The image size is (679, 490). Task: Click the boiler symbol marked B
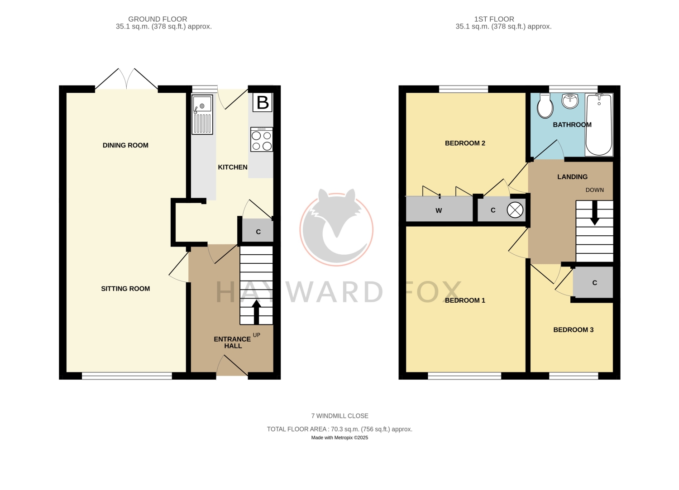click(x=262, y=103)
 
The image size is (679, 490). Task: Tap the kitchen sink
click(x=202, y=114)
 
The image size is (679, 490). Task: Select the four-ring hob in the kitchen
click(x=262, y=139)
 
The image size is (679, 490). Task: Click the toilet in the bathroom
click(x=545, y=105)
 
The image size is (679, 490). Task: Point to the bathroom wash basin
click(x=570, y=100)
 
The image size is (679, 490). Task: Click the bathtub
click(x=599, y=124)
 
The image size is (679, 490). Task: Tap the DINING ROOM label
click(x=125, y=145)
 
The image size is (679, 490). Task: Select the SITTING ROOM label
click(x=125, y=289)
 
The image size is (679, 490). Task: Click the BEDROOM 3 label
click(x=574, y=330)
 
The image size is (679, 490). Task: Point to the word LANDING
click(x=572, y=176)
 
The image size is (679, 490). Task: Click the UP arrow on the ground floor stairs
click(x=257, y=312)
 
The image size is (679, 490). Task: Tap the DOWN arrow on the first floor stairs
click(x=595, y=213)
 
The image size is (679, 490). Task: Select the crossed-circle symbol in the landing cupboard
click(x=515, y=210)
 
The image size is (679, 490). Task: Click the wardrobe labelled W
click(x=439, y=209)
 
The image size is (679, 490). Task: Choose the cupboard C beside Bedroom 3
click(x=593, y=282)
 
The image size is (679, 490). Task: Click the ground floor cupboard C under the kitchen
click(x=258, y=231)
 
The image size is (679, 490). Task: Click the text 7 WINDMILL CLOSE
click(x=340, y=416)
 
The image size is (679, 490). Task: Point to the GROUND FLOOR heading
click(x=158, y=19)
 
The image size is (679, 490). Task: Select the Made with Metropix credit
click(x=339, y=438)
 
